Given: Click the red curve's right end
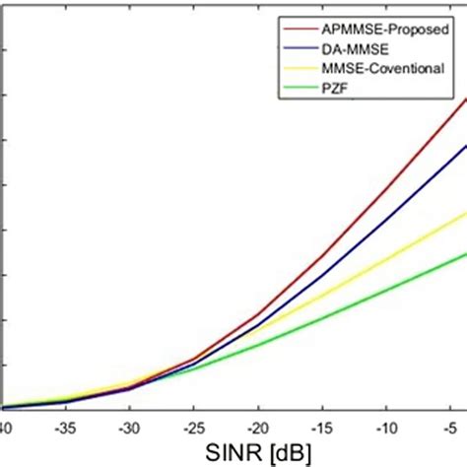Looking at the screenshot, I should [x=465, y=99].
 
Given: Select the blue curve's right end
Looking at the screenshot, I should [x=465, y=146].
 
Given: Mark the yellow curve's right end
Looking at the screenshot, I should [x=465, y=212].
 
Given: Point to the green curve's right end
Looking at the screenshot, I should [x=465, y=252].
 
